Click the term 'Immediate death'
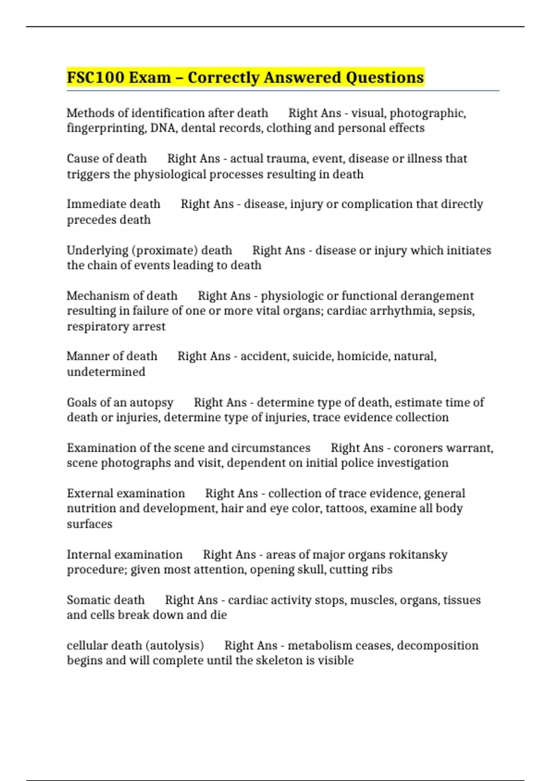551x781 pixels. pyautogui.click(x=113, y=204)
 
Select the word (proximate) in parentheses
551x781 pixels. pyautogui.click(x=165, y=250)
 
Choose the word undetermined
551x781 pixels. pyautogui.click(x=106, y=372)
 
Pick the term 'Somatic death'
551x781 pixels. pyautogui.click(x=106, y=600)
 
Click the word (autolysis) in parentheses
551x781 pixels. pyautogui.click(x=174, y=645)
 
